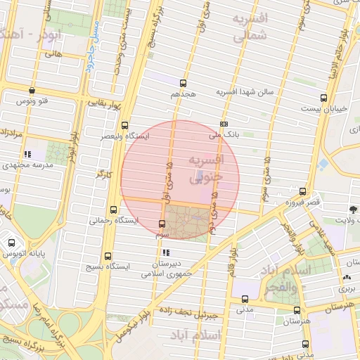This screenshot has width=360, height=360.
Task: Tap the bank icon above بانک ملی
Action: [x=224, y=124]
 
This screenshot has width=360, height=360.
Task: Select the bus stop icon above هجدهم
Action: [x=184, y=83]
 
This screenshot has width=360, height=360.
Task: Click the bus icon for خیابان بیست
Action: [x=323, y=98]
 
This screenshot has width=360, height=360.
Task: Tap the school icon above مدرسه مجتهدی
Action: [x=27, y=154]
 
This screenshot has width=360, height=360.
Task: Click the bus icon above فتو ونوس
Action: [x=32, y=90]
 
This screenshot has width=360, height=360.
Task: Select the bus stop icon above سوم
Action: [x=163, y=224]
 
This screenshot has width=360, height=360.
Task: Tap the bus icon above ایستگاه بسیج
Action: [x=108, y=257]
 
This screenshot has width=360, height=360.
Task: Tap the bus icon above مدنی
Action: [x=245, y=299]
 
